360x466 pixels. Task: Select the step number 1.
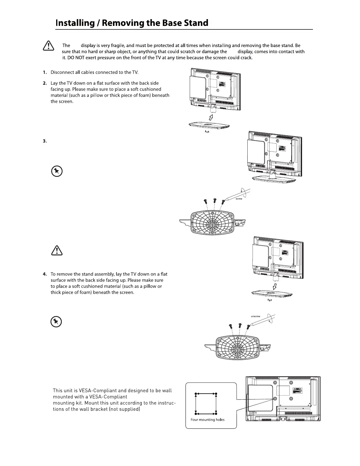pos(45,72)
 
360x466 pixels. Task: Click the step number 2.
pos(45,83)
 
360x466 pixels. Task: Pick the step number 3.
pos(45,141)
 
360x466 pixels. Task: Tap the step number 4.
pos(45,274)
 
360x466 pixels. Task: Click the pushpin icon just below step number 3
pos(56,171)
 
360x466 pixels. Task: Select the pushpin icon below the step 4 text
pos(56,322)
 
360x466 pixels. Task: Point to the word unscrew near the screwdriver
pos(255,316)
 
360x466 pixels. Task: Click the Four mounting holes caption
pos(207,420)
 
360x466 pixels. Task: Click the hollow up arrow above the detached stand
pos(211,118)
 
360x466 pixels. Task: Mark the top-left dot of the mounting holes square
pos(196,394)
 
